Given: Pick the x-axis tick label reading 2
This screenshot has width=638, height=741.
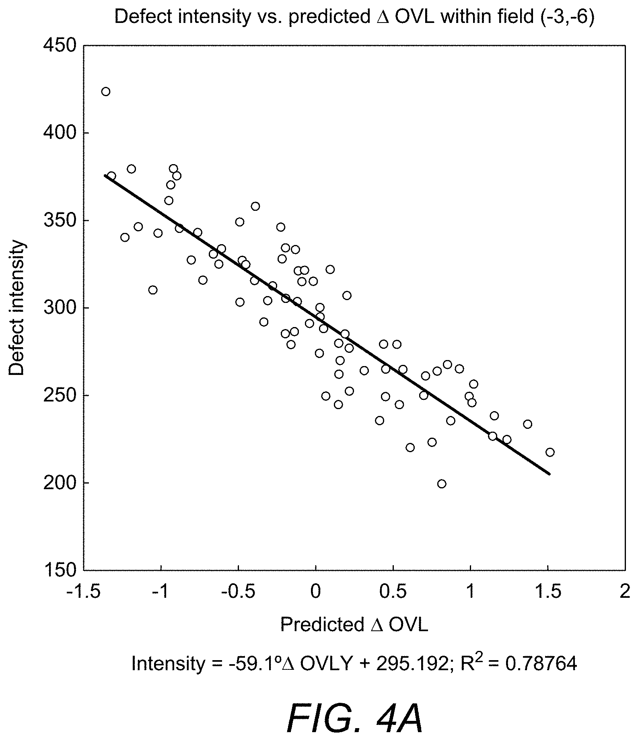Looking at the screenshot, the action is point(624,591).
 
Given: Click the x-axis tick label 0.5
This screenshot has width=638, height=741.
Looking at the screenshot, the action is point(392,591).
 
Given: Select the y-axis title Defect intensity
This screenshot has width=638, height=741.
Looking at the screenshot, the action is point(16,308).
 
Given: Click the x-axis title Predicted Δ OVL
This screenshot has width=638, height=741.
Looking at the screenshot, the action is point(354,625).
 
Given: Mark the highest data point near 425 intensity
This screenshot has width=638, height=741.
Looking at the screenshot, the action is point(106,92).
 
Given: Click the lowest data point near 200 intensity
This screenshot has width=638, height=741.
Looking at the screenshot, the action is point(442,484).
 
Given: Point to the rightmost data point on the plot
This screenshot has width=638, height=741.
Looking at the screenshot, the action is point(550,452).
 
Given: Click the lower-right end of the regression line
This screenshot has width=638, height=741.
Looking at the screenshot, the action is point(549,474).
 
